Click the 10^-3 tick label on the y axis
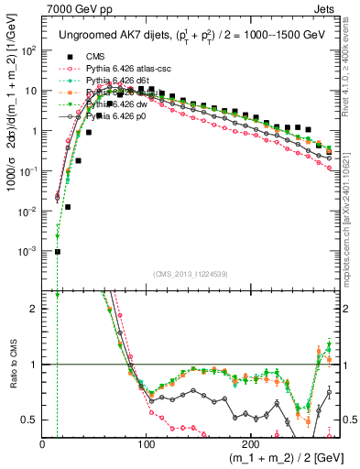[27, 251]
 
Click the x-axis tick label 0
[42, 443]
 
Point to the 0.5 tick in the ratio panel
[30, 420]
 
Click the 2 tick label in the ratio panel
[35, 309]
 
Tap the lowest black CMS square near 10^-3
[57, 251]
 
